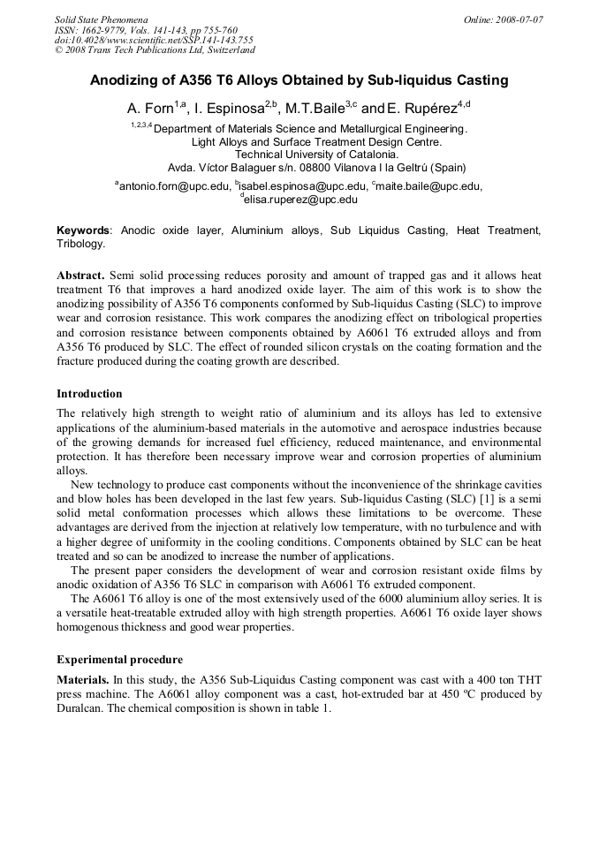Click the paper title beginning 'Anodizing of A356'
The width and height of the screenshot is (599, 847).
click(299, 80)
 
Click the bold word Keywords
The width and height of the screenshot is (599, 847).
click(84, 231)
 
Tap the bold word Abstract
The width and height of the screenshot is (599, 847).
click(80, 276)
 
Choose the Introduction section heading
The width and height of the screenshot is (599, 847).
click(89, 394)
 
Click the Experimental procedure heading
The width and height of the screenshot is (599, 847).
click(119, 660)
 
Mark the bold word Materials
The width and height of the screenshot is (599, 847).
click(83, 680)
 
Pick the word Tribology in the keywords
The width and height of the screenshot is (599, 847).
click(80, 244)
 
